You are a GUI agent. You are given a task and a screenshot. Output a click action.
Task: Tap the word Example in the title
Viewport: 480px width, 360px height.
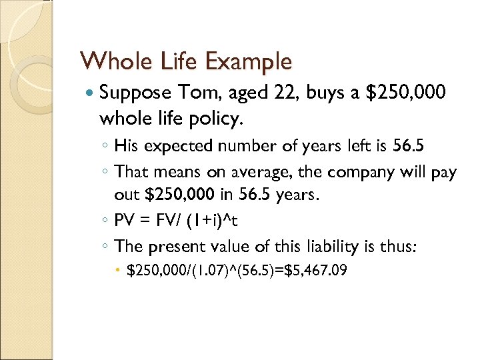(250, 62)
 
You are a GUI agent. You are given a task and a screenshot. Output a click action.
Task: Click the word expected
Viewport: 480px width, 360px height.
(172, 146)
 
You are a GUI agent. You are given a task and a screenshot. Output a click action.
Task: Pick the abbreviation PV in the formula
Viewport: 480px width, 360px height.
(125, 220)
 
